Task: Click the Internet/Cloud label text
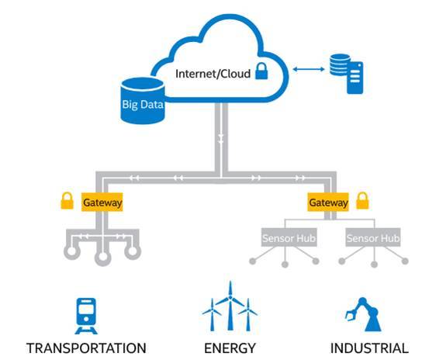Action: (213, 74)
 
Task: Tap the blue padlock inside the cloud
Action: (261, 71)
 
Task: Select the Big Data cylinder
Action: (143, 101)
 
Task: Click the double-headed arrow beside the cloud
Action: (309, 69)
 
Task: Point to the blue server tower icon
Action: (355, 78)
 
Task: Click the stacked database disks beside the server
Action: (339, 65)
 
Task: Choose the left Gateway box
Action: (102, 202)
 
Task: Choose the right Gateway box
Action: (328, 202)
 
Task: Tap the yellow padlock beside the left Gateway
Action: (67, 201)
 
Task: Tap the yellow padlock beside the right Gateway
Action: (362, 201)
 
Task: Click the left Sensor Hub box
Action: (289, 237)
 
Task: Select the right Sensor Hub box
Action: (373, 237)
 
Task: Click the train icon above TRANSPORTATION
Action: (86, 316)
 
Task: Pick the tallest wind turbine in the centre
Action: (230, 306)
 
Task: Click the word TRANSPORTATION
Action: (86, 348)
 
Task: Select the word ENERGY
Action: (230, 348)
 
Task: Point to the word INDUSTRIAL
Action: (369, 348)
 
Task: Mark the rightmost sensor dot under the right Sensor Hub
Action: (405, 261)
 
